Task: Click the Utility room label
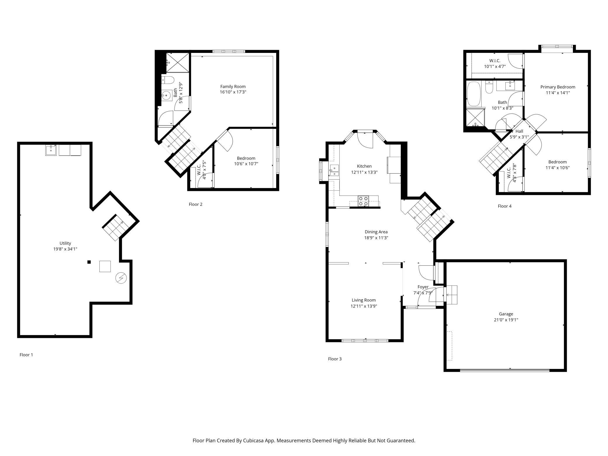coord(65,243)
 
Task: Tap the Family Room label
coord(233,87)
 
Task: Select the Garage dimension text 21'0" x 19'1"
coord(506,320)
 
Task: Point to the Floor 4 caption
coord(505,206)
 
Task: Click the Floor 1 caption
coord(26,355)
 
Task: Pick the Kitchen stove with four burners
coord(363,201)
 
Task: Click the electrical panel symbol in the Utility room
coord(121,278)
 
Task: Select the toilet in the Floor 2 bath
coord(168,80)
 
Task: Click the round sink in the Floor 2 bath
coord(166,95)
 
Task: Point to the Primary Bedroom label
coord(558,87)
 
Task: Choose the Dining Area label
coord(376,232)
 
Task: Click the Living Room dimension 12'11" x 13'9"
coord(364,306)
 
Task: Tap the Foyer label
coord(423,287)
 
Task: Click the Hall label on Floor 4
coord(519,131)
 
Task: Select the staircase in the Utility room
coord(115,227)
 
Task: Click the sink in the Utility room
coord(51,150)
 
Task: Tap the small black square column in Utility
coord(89,262)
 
